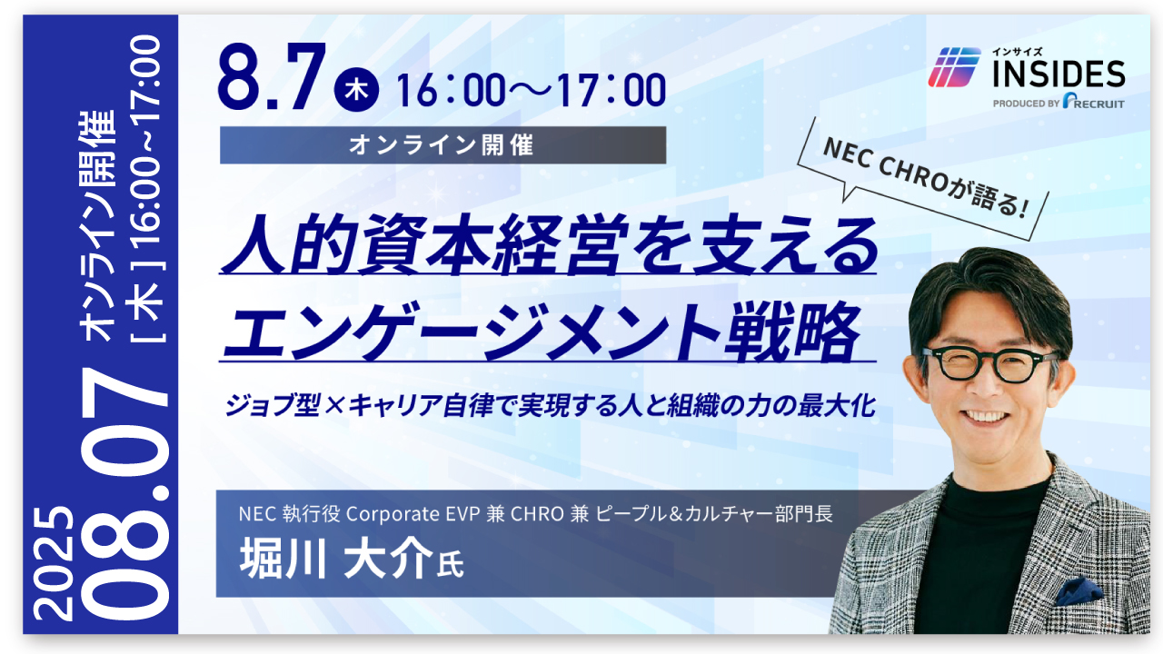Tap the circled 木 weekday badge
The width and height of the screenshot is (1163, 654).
(x=356, y=90)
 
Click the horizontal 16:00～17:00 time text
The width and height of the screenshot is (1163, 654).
(x=531, y=90)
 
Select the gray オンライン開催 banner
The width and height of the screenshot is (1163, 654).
(x=442, y=145)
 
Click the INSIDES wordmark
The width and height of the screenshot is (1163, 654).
(x=1059, y=74)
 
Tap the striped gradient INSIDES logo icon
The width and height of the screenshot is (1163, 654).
(x=954, y=67)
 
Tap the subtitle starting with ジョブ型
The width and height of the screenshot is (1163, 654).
(x=551, y=405)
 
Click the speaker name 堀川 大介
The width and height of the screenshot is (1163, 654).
(x=336, y=558)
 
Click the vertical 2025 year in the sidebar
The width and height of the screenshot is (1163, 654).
(x=54, y=562)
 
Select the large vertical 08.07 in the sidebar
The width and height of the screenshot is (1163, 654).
(x=124, y=494)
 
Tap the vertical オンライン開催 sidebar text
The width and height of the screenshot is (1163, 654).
(x=96, y=225)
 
